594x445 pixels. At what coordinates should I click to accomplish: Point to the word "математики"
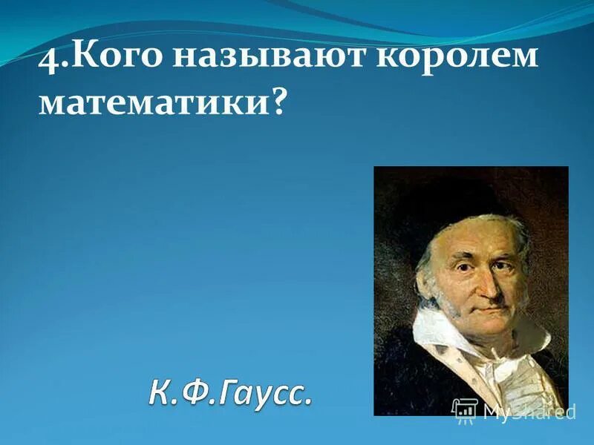[x=152, y=103]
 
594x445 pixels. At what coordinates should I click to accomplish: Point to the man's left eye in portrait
[x=503, y=262]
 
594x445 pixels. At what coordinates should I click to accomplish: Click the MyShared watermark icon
[x=465, y=409]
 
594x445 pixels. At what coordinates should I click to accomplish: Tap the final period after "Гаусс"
[x=307, y=403]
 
